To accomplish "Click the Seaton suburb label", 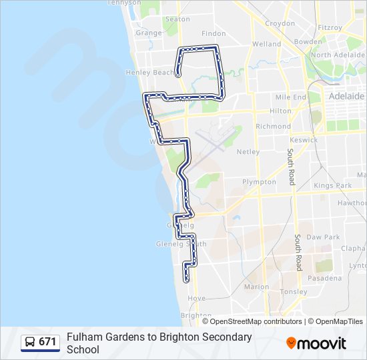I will point(177,19).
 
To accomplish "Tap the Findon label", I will point(214,33).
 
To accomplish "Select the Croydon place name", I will point(280,23).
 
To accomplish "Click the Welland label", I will point(266,45).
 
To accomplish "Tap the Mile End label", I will point(290,97).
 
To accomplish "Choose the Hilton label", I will point(280,111).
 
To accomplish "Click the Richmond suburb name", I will point(273,126).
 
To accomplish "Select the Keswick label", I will point(304,141).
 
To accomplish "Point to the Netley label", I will point(248,152).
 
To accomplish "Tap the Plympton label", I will point(259,182).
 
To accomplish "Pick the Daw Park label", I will point(323,237).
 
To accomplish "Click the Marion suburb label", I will point(256,287).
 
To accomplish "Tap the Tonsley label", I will point(294,292).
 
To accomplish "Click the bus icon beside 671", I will point(30,342).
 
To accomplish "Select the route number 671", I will point(47,342).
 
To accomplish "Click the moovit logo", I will point(316,343).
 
